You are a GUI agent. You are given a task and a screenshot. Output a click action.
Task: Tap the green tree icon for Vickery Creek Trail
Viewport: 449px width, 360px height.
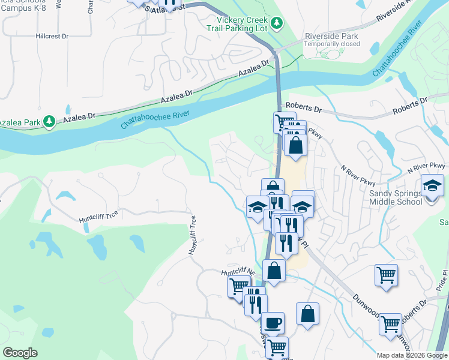coord(276,23)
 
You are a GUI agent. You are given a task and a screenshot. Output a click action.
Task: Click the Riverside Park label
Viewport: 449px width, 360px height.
coord(331,35)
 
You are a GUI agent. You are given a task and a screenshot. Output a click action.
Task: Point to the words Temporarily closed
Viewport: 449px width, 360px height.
coord(331,44)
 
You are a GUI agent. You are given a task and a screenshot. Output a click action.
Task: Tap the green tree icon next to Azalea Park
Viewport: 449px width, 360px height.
coord(50,122)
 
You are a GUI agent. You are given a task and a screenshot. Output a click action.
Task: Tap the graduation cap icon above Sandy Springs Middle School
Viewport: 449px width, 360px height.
coord(432,185)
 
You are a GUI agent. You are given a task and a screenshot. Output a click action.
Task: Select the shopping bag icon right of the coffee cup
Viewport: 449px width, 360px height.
coord(307,314)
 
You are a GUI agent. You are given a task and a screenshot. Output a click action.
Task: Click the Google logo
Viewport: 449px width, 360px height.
coord(20,353)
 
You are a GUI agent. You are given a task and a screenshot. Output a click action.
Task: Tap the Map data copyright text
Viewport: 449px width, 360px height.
coord(412,355)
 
